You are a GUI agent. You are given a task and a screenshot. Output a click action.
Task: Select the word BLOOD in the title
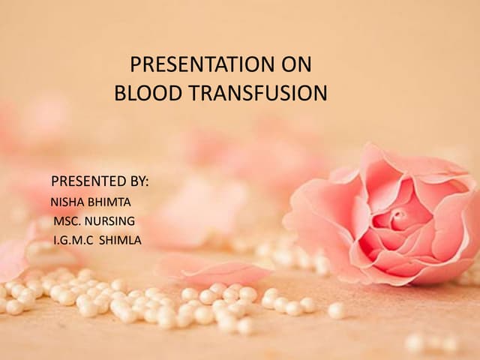[141, 94]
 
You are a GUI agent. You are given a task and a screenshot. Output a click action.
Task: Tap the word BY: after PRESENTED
[139, 181]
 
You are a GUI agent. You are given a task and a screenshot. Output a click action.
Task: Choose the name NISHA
[65, 202]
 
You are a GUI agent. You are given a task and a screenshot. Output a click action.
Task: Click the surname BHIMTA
[106, 202]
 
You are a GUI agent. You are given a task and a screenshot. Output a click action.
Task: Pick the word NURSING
[110, 221]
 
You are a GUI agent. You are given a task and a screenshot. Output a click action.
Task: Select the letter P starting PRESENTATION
[135, 65]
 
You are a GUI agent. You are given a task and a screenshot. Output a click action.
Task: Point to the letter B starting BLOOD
[119, 94]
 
